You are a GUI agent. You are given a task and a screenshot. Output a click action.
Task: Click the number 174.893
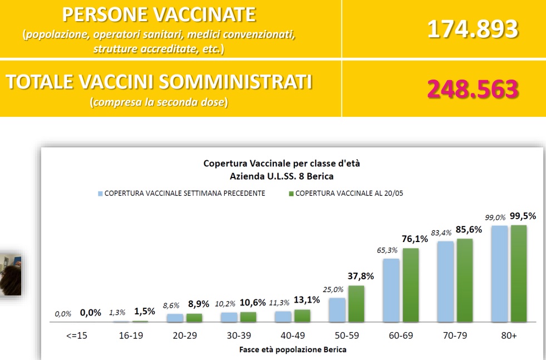point(473,29)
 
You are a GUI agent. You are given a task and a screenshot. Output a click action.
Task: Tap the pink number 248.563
point(473,89)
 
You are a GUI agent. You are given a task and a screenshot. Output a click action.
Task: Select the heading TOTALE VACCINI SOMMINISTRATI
point(159,82)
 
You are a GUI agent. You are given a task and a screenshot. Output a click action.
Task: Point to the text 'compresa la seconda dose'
point(159,103)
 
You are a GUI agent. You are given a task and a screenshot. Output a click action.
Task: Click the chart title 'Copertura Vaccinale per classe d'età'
point(286,164)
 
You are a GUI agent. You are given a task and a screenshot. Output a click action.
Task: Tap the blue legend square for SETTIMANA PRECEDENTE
point(101,194)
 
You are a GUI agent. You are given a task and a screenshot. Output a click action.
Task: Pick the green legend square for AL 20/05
point(291,194)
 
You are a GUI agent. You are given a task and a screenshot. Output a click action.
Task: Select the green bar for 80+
point(519,273)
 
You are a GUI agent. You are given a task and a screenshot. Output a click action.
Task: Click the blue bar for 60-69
point(391,290)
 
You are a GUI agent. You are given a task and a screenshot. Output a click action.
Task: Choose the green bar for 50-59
point(356,303)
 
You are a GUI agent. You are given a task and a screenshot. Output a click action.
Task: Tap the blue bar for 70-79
point(445,282)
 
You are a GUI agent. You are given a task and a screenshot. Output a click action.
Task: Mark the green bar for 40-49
point(302,315)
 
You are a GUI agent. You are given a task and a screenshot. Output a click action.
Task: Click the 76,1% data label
point(415,239)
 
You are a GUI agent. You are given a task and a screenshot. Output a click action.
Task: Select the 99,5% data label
point(523,216)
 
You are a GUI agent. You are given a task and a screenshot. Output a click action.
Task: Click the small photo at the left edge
point(11,274)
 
